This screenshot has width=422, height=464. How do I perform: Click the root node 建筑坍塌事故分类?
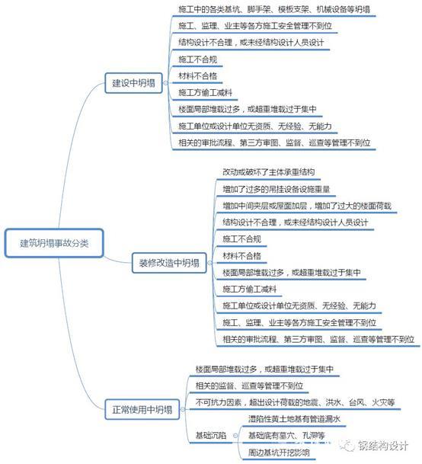click(54, 243)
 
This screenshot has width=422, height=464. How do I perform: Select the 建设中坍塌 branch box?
click(134, 83)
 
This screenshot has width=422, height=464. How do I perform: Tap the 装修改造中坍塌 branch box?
click(169, 263)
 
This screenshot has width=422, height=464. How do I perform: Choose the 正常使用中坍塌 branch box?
click(142, 410)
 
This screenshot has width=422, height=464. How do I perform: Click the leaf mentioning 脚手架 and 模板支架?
click(274, 9)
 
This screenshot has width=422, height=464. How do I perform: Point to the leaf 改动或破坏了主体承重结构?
click(268, 172)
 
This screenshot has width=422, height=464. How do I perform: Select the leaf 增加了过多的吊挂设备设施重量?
click(276, 189)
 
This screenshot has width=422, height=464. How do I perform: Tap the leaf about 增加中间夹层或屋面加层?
click(307, 206)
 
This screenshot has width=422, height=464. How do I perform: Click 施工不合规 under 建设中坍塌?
click(198, 59)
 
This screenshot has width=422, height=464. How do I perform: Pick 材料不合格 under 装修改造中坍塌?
click(241, 256)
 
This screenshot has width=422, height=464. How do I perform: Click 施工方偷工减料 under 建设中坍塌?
click(205, 93)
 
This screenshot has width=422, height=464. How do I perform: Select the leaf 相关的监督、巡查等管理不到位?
click(249, 386)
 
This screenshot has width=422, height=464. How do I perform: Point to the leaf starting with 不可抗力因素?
click(295, 402)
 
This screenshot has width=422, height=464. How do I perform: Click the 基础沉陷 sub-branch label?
click(211, 435)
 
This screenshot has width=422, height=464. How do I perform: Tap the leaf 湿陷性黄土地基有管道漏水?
click(294, 419)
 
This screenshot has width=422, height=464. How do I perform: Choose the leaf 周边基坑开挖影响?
click(279, 452)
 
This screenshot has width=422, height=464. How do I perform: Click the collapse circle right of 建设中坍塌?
click(165, 83)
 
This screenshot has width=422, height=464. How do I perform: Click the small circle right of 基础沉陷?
click(235, 436)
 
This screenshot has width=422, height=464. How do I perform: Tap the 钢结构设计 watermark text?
click(383, 446)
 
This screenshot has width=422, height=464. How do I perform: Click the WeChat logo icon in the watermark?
click(347, 445)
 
